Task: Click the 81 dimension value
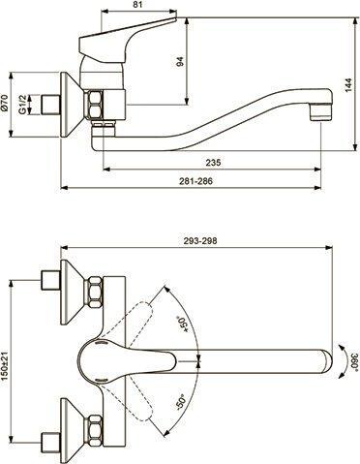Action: [137, 4]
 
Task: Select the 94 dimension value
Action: [180, 62]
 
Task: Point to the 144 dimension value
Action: [348, 85]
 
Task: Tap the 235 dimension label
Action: [213, 162]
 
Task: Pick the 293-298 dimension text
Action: [200, 240]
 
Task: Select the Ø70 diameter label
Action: [4, 103]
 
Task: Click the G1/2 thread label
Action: [22, 105]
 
